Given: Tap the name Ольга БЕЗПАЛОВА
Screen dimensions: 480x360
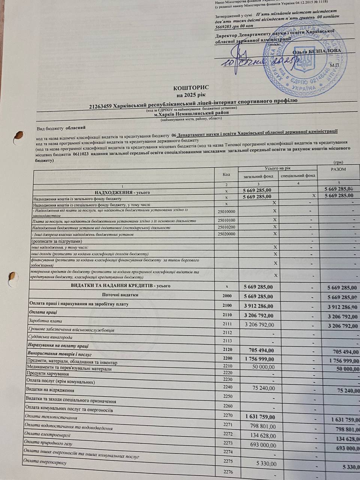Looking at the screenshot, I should click(317, 51).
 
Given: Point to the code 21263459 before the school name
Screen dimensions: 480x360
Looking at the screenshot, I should click(100, 106).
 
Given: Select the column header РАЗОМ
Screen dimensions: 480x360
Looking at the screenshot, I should click(338, 169).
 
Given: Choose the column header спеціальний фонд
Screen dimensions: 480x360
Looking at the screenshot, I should click(298, 175).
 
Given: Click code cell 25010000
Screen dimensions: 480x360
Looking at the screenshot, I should click(226, 211).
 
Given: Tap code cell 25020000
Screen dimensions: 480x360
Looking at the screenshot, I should click(226, 234).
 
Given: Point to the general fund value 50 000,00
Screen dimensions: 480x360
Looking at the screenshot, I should click(262, 366).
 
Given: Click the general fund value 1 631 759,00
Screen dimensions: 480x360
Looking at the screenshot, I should click(260, 417).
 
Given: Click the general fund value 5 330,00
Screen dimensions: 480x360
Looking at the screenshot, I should click(266, 464).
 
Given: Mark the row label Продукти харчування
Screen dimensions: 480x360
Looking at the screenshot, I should click(48, 374).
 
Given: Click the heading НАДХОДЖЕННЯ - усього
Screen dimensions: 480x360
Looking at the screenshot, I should click(122, 192).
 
